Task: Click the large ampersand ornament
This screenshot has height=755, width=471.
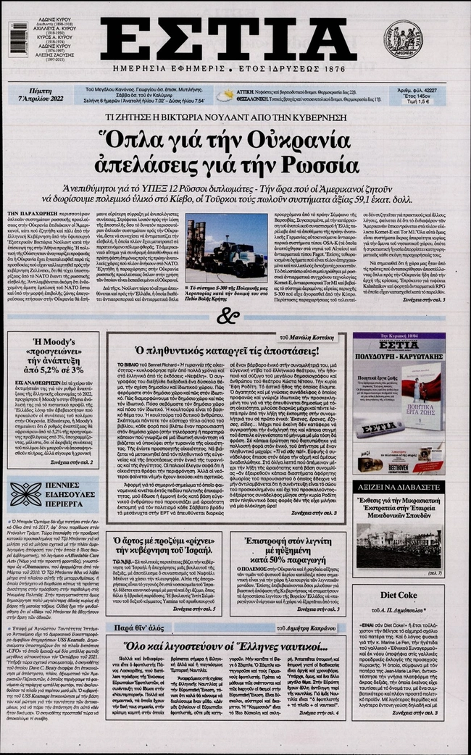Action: pos(228,316)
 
